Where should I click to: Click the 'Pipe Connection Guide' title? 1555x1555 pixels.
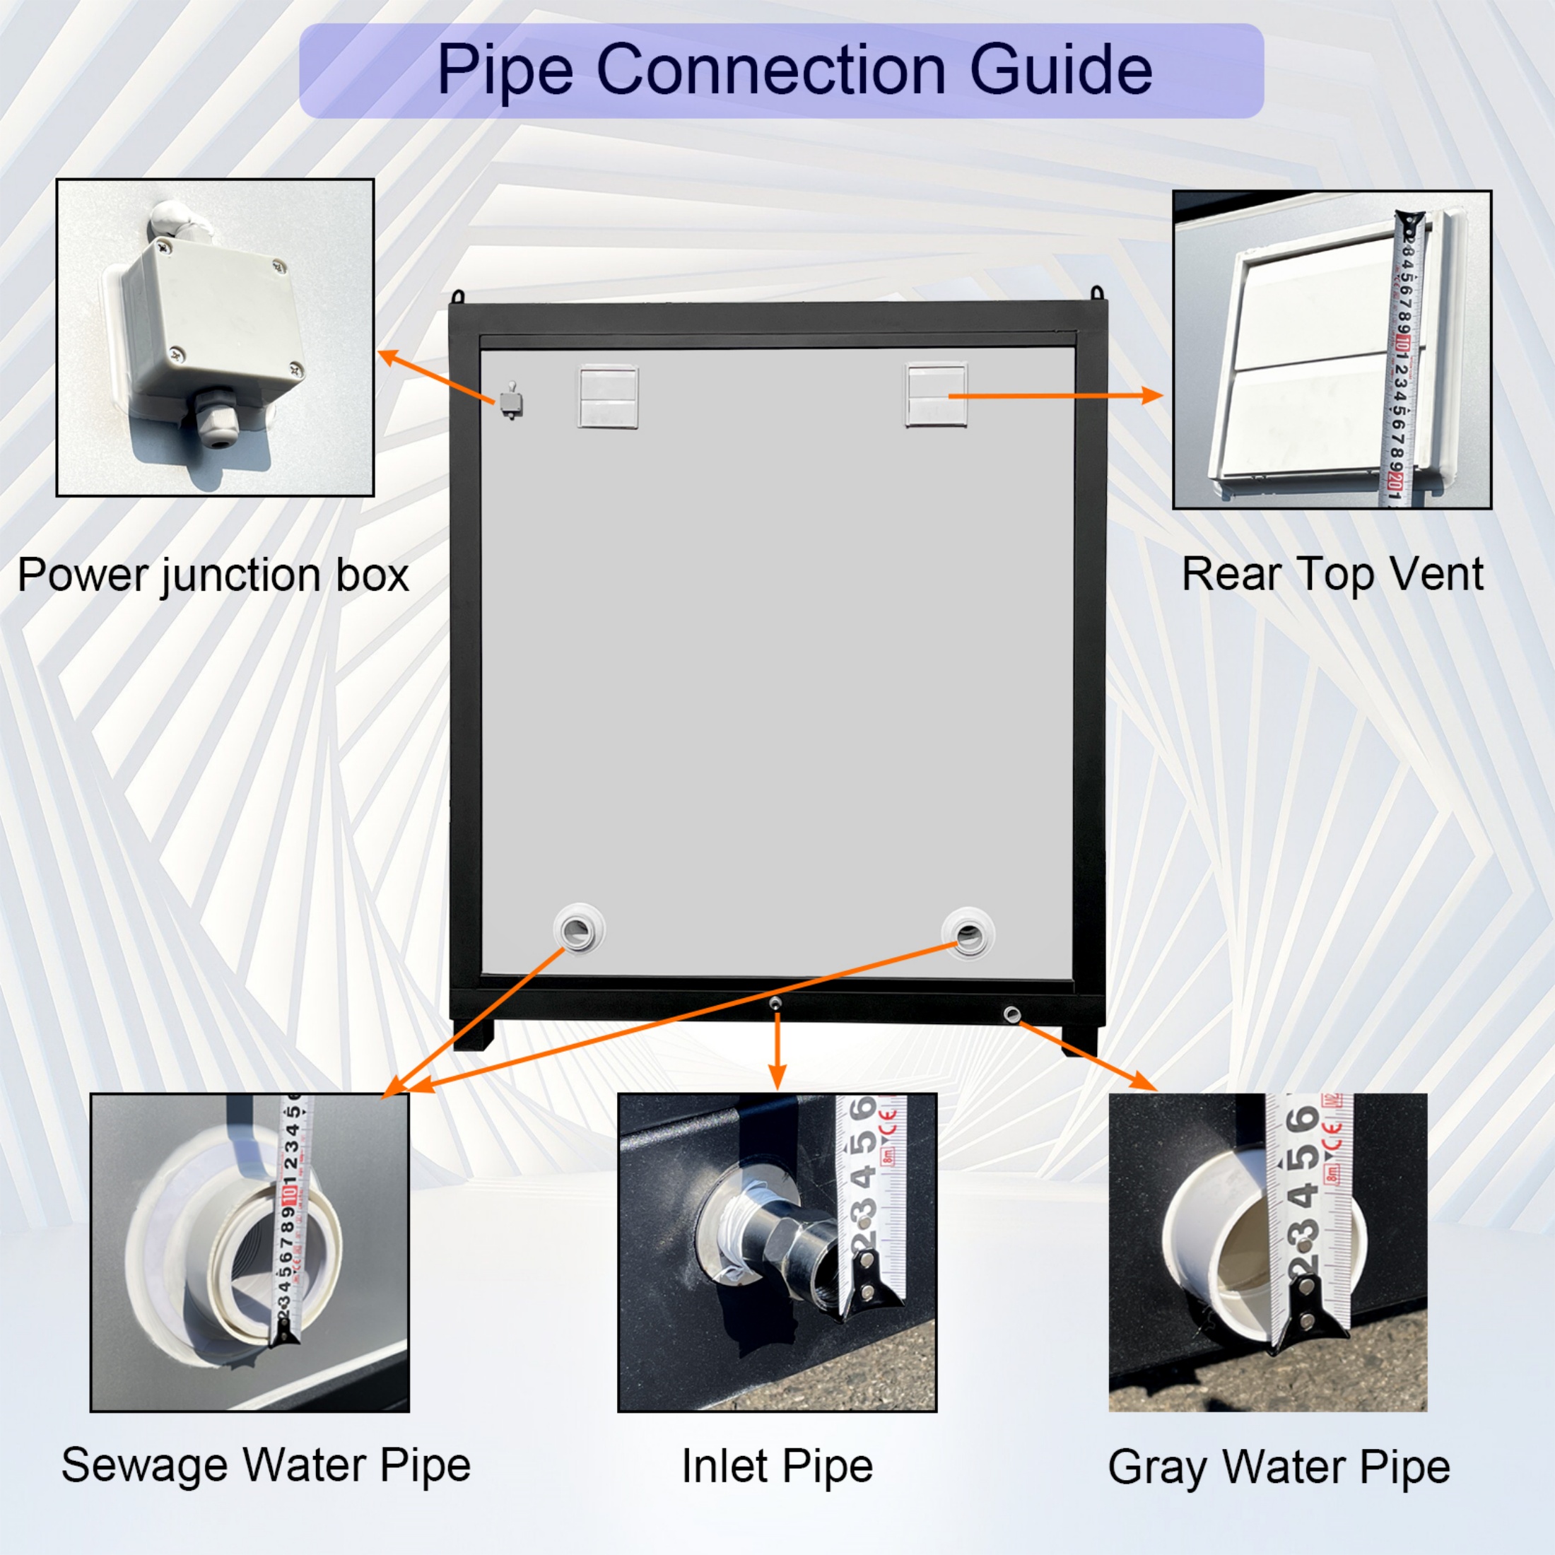point(794,71)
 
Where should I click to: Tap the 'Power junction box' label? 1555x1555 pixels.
point(213,575)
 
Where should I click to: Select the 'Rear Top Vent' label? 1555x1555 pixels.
point(1332,575)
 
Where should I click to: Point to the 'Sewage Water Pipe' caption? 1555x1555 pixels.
point(266,1465)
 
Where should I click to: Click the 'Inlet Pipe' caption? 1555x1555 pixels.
point(777,1466)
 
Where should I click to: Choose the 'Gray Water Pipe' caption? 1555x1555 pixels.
point(1279,1467)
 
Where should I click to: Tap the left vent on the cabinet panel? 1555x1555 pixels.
point(609,397)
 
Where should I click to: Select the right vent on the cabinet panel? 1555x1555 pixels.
point(936,394)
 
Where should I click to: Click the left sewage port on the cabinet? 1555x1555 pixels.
point(580,931)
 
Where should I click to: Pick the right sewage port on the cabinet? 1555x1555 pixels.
point(968,934)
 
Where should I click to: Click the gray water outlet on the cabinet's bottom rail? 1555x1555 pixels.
point(1011,1014)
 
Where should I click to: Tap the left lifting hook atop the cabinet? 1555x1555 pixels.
point(458,295)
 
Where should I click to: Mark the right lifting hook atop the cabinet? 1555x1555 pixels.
point(1096,291)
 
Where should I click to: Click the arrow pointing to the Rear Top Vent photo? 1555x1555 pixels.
point(1055,395)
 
